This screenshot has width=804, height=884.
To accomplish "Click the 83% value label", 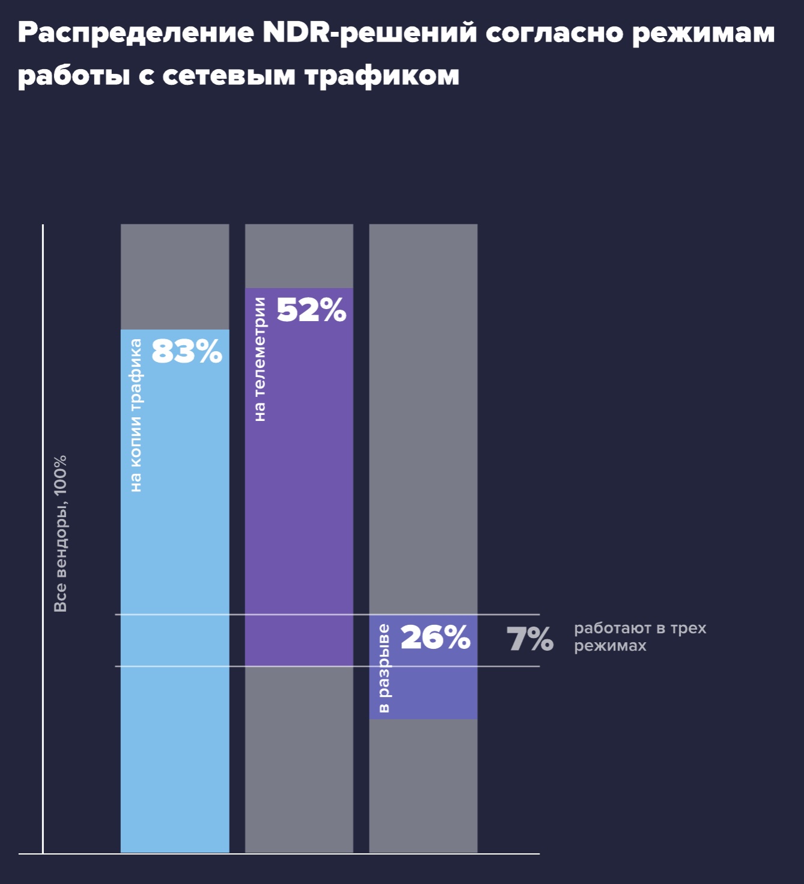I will click(187, 352).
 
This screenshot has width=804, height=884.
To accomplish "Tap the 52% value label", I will click(311, 310).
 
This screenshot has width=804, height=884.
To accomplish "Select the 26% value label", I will click(435, 637).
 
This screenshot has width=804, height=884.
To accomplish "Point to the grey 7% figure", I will click(529, 639).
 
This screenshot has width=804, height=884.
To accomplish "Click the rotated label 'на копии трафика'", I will click(136, 415).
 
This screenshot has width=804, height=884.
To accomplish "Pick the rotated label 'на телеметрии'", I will click(260, 359).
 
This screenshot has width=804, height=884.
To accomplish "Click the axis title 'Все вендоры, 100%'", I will click(61, 533).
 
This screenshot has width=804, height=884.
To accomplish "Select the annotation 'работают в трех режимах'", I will click(639, 637).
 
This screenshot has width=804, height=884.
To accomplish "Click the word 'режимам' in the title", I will click(703, 34).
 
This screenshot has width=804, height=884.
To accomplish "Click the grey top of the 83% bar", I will click(175, 277).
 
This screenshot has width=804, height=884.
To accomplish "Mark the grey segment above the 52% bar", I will click(299, 256).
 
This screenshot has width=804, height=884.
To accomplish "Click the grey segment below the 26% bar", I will click(423, 785).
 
